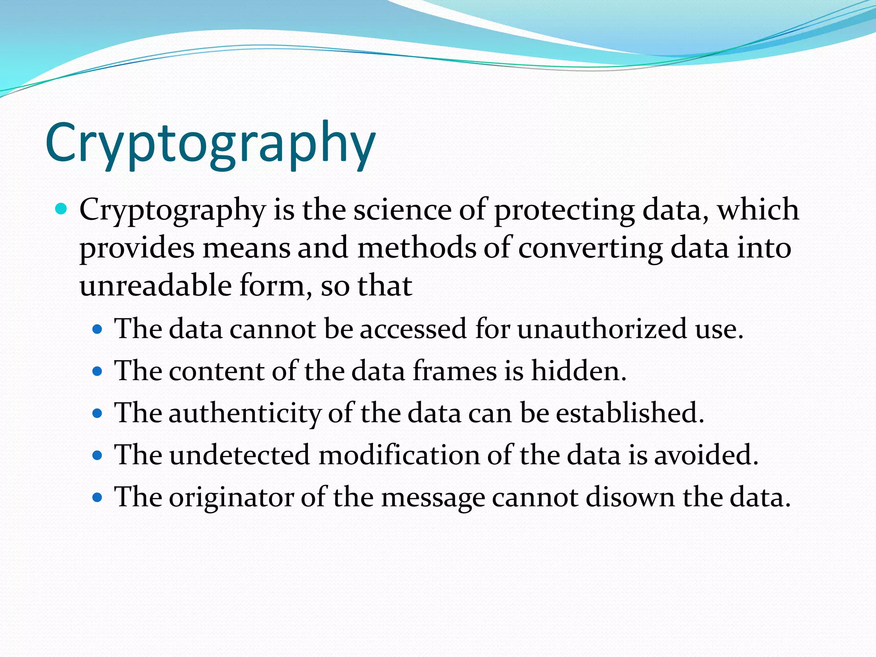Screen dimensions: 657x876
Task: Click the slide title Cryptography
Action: (x=210, y=143)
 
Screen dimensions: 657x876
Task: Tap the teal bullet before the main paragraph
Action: (x=62, y=209)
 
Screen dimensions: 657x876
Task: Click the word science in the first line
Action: (x=402, y=210)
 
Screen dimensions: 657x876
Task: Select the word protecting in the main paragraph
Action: (x=564, y=211)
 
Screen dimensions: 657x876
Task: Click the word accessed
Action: (x=413, y=329)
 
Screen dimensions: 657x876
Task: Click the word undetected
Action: (x=240, y=455)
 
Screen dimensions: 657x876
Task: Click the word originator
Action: (x=231, y=497)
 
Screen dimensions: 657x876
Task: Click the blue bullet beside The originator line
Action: (x=98, y=497)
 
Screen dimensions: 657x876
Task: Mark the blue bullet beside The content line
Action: (x=98, y=371)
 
